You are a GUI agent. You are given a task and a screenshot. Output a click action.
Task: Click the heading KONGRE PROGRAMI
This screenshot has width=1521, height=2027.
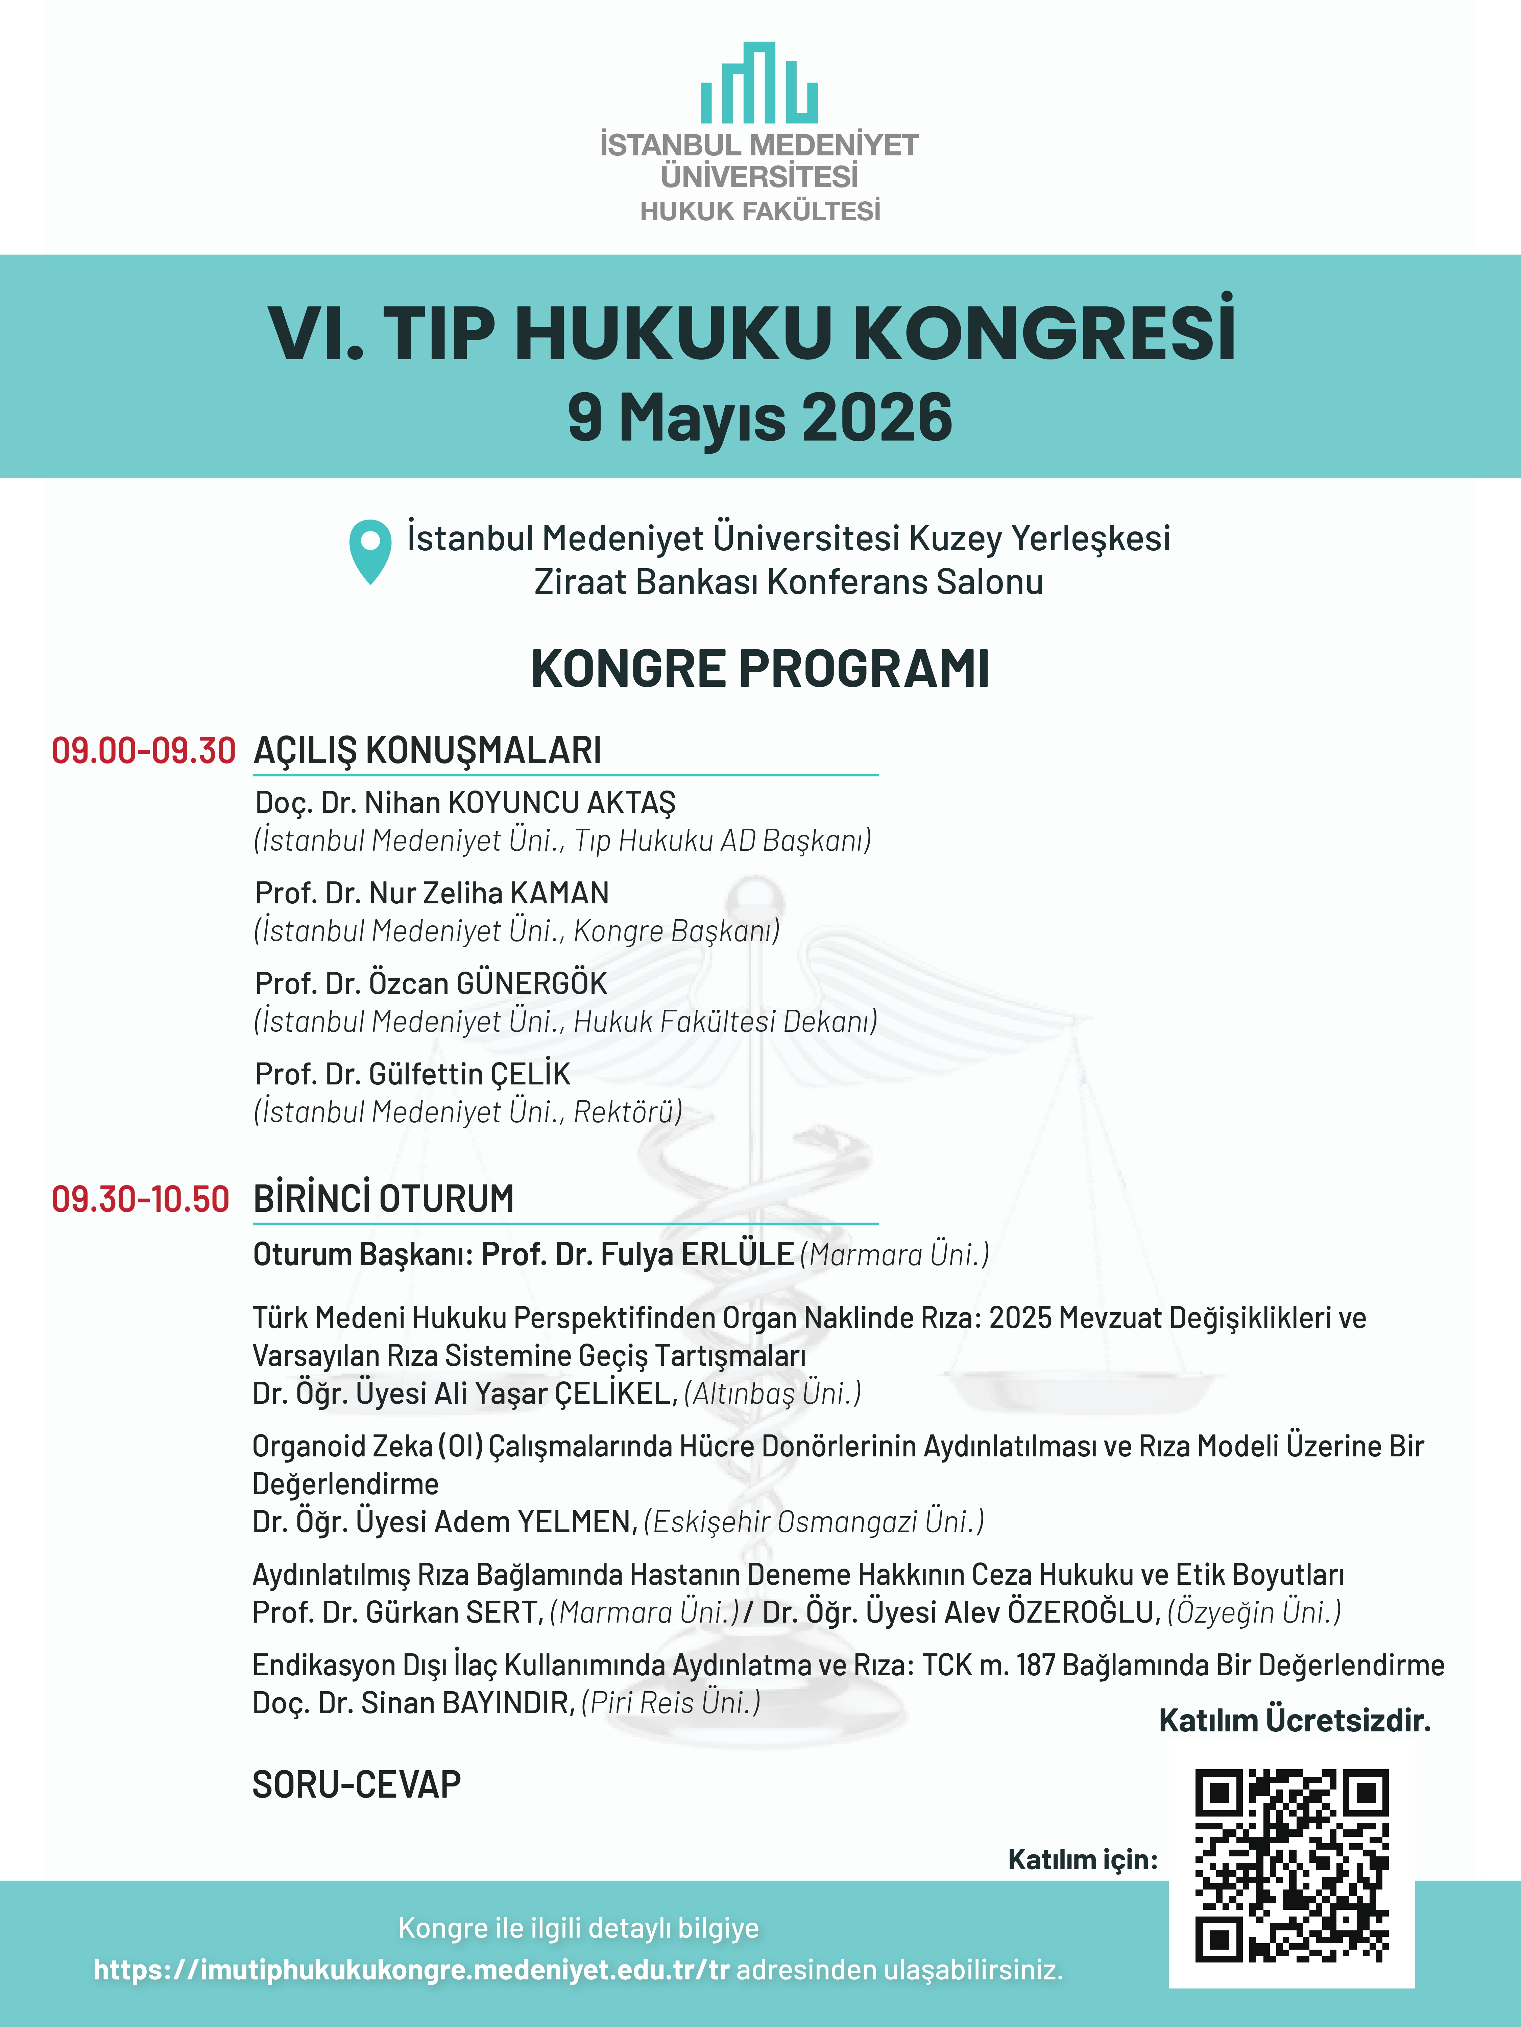click(760, 669)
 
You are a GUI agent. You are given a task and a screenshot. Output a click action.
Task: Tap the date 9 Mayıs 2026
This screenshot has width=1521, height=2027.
click(760, 418)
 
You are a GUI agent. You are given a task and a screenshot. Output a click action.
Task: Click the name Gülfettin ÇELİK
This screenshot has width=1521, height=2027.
click(469, 1074)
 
